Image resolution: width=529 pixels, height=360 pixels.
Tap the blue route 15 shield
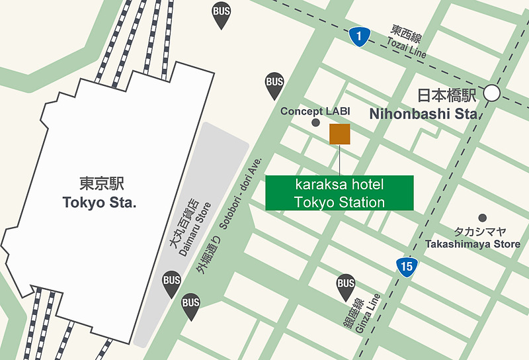pyautogui.click(x=407, y=267)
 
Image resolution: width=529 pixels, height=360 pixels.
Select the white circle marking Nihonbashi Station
pyautogui.click(x=492, y=93)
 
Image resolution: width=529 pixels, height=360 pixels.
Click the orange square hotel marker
pyautogui.click(x=340, y=133)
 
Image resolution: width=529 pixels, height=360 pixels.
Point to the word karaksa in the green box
pyautogui.click(x=320, y=184)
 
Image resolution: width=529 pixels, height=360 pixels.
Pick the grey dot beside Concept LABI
pyautogui.click(x=315, y=123)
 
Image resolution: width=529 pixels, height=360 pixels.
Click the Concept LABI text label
pyautogui.click(x=315, y=111)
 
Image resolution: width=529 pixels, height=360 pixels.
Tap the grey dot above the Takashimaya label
pyautogui.click(x=483, y=218)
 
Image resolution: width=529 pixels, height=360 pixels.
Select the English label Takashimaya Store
pyautogui.click(x=473, y=244)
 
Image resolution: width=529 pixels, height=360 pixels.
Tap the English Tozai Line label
pyautogui.click(x=407, y=48)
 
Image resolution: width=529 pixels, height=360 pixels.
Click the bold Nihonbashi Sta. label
pyautogui.click(x=424, y=114)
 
